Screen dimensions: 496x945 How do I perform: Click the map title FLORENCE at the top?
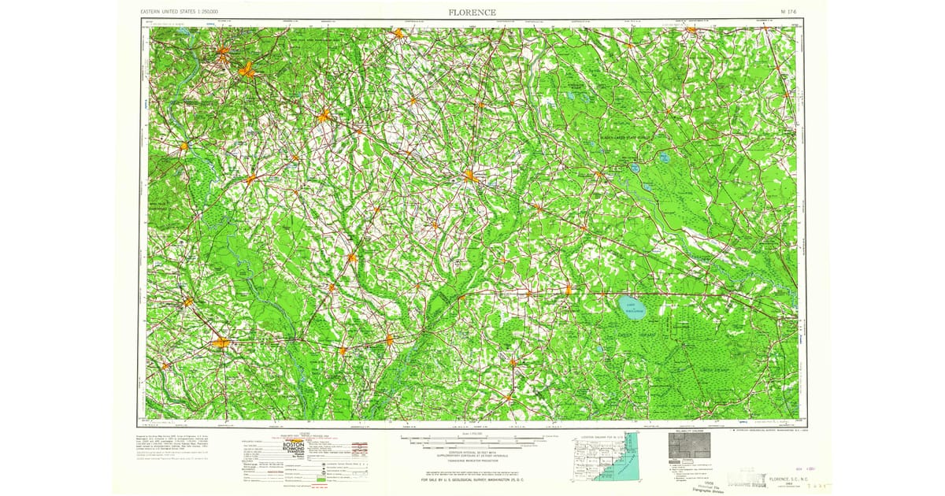[x=472, y=12]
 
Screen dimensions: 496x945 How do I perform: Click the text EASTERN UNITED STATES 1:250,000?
[x=180, y=13]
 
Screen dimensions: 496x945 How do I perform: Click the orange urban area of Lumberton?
[x=470, y=176]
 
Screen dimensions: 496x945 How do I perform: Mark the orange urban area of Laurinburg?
[x=324, y=116]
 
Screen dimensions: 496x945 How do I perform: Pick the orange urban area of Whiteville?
[x=567, y=291]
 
